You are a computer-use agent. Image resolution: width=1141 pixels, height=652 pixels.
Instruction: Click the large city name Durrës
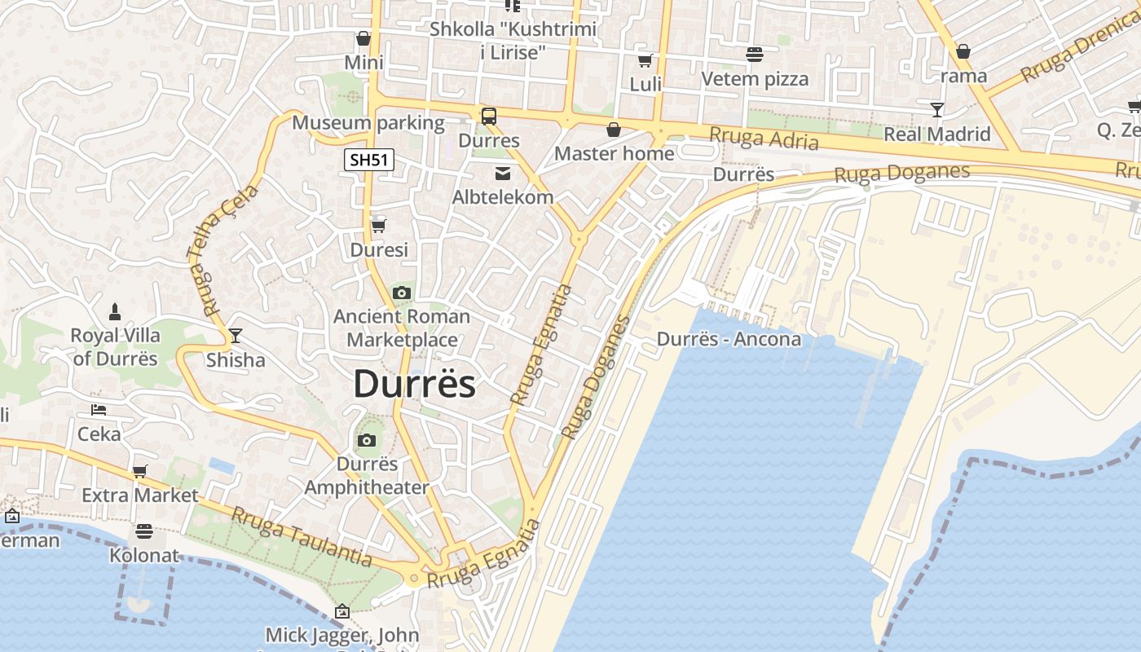414,384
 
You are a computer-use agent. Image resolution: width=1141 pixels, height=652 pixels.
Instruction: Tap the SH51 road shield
368,160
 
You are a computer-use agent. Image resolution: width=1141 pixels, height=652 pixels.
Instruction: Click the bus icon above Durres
489,117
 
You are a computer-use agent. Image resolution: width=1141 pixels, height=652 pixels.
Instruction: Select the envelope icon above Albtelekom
502,173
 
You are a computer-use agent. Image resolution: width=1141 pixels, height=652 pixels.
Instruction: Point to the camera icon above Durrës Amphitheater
367,441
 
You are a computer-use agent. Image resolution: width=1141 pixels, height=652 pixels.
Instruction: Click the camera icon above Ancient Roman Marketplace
401,293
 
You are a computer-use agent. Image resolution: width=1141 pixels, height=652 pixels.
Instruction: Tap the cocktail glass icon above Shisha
236,335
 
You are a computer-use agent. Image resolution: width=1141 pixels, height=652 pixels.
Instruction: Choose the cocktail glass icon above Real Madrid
937,109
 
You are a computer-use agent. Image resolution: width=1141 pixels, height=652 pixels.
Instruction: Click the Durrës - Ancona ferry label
729,339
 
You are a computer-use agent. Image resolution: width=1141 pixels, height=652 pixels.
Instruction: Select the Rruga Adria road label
764,139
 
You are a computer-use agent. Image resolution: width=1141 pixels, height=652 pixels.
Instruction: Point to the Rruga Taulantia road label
302,536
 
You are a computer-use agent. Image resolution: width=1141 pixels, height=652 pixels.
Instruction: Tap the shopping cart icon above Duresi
378,226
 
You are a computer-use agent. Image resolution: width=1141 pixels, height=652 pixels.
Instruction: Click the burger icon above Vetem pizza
755,55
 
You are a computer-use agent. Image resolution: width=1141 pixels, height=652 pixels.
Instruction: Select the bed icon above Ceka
99,409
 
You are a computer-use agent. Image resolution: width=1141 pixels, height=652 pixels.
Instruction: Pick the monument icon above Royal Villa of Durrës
115,311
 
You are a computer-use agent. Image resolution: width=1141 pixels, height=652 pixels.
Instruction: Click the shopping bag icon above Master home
614,130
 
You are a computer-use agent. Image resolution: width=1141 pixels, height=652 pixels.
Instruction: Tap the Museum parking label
368,123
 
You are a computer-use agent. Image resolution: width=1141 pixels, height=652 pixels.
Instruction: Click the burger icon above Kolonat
144,531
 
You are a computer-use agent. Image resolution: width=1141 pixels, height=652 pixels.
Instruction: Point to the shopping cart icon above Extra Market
140,471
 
